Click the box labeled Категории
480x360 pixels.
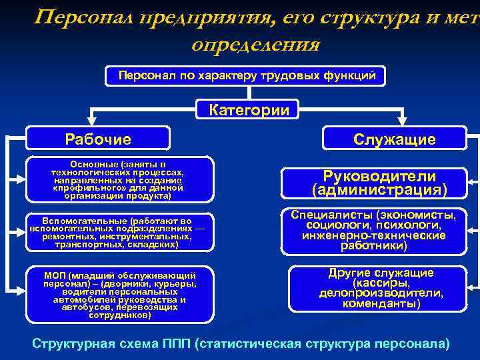pos(249,110)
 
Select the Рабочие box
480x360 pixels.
pos(98,139)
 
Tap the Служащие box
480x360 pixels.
pos(395,139)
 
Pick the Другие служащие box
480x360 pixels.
pos(381,289)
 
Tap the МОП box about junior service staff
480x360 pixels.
pos(120,295)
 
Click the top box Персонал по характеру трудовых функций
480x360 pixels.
pos(247,76)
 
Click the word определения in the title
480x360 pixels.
pos(255,45)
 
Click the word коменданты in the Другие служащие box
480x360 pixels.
pos(381,304)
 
